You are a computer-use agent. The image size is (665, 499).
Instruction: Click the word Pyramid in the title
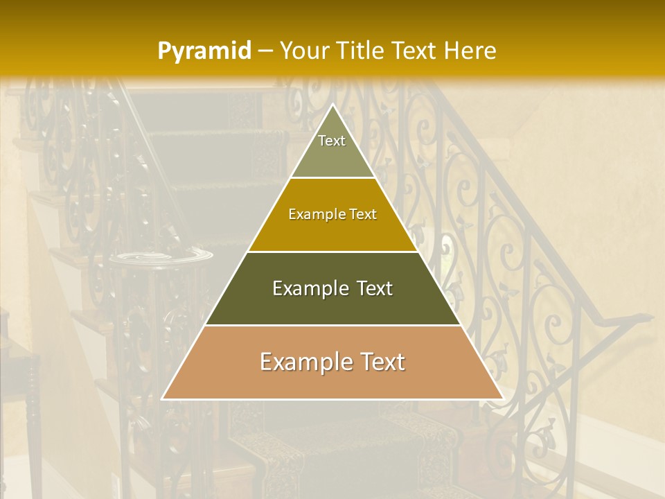pyautogui.click(x=204, y=51)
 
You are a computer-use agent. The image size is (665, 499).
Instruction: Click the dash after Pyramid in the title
pyautogui.click(x=265, y=51)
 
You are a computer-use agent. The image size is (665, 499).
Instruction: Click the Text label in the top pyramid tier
pyautogui.click(x=332, y=141)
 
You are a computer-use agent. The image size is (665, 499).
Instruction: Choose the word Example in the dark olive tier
pyautogui.click(x=309, y=288)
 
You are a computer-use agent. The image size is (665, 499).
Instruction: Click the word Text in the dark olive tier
pyautogui.click(x=375, y=288)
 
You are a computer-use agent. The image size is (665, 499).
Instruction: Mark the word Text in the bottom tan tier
pyautogui.click(x=382, y=362)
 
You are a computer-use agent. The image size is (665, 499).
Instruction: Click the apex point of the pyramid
pyautogui.click(x=332, y=105)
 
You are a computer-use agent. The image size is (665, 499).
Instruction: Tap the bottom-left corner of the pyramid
pyautogui.click(x=163, y=399)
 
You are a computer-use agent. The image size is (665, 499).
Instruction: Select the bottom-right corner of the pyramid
pyautogui.click(x=502, y=399)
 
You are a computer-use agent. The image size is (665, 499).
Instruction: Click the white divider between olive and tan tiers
pyautogui.click(x=332, y=325)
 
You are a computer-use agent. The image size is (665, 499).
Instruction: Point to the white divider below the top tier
pyautogui.click(x=332, y=178)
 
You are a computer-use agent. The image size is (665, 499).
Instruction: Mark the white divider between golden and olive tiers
pyautogui.click(x=332, y=252)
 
